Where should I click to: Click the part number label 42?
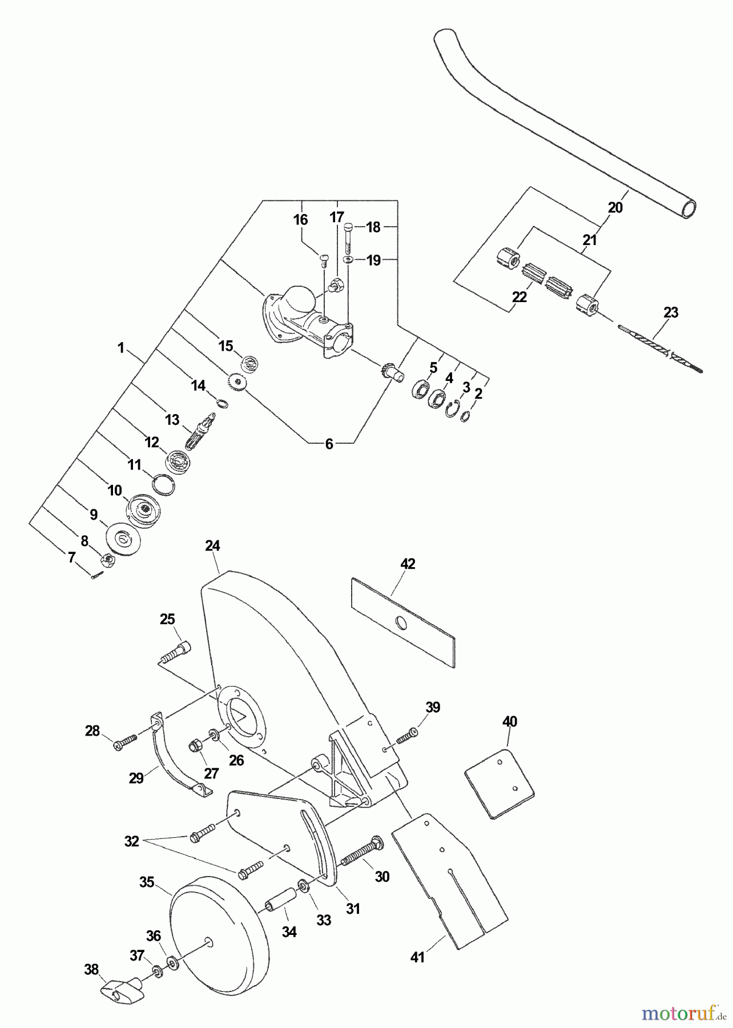tap(408, 564)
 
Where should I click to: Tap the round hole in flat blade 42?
tap(402, 622)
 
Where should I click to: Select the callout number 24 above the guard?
tap(212, 546)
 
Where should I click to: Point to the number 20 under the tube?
tap(615, 208)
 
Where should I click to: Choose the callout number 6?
tap(329, 444)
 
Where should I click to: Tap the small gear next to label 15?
tap(237, 382)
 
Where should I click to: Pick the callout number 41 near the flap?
tap(418, 957)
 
